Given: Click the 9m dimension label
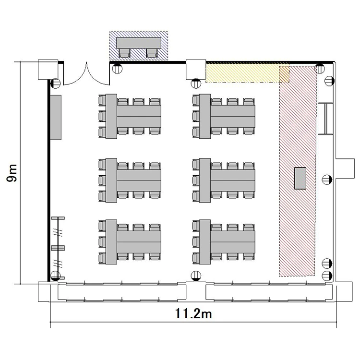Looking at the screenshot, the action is (12, 173).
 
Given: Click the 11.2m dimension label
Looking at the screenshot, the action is (193, 313).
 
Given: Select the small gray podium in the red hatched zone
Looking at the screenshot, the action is (300, 178).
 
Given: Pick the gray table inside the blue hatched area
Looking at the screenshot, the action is (139, 43).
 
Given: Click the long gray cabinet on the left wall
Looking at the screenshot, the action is (56, 117).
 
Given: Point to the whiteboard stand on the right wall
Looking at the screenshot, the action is (325, 119).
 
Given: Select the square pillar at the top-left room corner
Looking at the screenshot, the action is (48, 70).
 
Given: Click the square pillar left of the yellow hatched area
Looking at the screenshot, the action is (196, 69).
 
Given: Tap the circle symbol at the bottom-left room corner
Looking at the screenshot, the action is (55, 276).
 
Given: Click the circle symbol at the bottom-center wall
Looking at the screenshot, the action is (196, 276).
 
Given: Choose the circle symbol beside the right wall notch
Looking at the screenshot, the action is (327, 180).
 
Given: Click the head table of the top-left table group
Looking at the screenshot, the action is (111, 116).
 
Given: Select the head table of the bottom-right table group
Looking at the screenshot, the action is (205, 242).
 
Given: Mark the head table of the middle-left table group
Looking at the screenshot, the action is (111, 180).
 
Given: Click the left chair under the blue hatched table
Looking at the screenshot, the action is (125, 53).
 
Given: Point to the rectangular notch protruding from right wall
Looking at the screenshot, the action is (345, 168).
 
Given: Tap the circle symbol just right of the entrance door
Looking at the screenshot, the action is (117, 69).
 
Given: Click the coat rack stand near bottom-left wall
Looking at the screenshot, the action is (58, 248).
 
